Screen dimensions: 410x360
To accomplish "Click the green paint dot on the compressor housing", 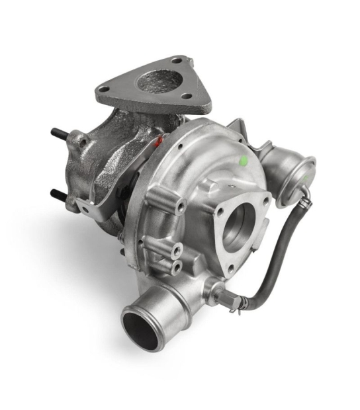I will pyautogui.click(x=243, y=160).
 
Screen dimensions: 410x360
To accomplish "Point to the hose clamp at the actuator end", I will pyautogui.click(x=306, y=193).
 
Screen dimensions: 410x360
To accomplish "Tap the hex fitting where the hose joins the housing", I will pyautogui.click(x=228, y=299).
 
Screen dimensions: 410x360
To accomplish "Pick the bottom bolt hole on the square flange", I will pyautogui.click(x=230, y=268).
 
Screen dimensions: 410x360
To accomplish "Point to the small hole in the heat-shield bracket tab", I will pyautogui.click(x=84, y=209).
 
